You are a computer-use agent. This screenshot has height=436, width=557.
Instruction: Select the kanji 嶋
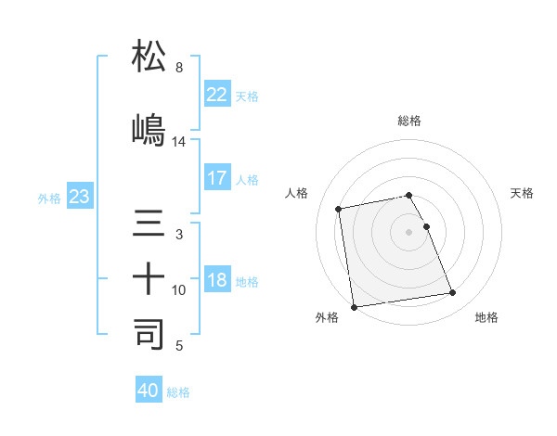coord(149,129)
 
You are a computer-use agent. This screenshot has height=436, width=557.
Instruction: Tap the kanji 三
coord(149,224)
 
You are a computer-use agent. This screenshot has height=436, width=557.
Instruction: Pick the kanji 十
coord(149,278)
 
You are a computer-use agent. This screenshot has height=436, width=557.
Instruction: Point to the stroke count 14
coord(179,142)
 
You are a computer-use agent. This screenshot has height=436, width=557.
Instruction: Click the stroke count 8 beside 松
coord(178,68)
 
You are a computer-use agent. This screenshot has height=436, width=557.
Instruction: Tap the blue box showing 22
coord(216,95)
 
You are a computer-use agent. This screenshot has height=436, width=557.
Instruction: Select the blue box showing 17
coord(216,177)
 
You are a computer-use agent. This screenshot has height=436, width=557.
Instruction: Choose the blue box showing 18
coord(216,280)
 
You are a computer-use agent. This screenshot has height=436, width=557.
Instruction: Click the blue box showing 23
coord(79,197)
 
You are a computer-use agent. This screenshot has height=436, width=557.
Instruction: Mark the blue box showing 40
coord(149,391)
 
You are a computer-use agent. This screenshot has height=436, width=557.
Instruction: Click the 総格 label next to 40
coord(178,392)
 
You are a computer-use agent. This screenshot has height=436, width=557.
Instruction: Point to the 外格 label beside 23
coord(49,199)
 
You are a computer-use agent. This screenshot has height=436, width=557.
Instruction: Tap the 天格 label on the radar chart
coord(522,193)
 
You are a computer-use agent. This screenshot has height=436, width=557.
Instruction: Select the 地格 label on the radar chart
coord(486,317)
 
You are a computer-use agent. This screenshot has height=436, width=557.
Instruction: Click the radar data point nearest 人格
coord(340,208)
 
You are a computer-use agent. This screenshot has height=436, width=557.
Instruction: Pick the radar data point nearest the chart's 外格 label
coord(354,306)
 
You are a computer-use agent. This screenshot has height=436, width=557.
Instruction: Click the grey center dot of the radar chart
coord(409,231)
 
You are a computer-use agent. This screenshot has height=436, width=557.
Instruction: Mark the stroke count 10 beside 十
coord(179,290)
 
